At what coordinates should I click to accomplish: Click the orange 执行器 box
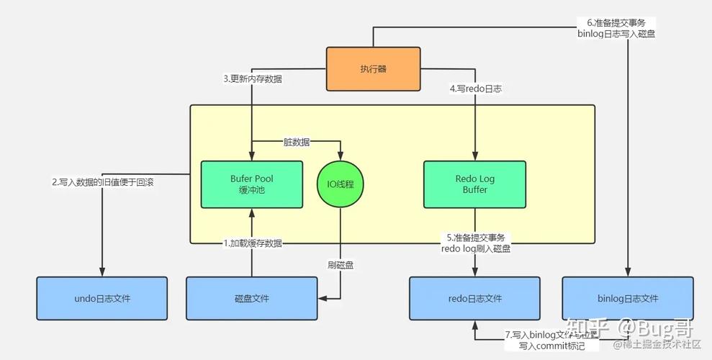[373, 69]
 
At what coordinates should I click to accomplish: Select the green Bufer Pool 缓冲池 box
[251, 184]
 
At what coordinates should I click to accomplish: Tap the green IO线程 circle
[341, 184]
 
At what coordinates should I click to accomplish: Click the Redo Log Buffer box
[474, 184]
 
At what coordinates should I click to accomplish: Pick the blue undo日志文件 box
[102, 298]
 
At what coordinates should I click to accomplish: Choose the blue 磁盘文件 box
[251, 298]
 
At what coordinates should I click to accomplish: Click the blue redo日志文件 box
[474, 298]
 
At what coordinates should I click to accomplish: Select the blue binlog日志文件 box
[628, 298]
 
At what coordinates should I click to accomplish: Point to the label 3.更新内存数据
[252, 78]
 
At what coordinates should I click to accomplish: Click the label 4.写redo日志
[475, 89]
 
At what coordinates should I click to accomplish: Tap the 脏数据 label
[296, 142]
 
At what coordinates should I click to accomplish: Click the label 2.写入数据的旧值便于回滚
[103, 182]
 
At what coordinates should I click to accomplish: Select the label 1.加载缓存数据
[252, 243]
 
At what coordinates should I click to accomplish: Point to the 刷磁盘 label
[341, 264]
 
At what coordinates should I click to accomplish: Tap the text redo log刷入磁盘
[475, 248]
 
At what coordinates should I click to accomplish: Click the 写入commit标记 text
[552, 346]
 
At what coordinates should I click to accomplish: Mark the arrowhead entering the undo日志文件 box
[102, 272]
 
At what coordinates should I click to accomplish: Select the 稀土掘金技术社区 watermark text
[662, 345]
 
